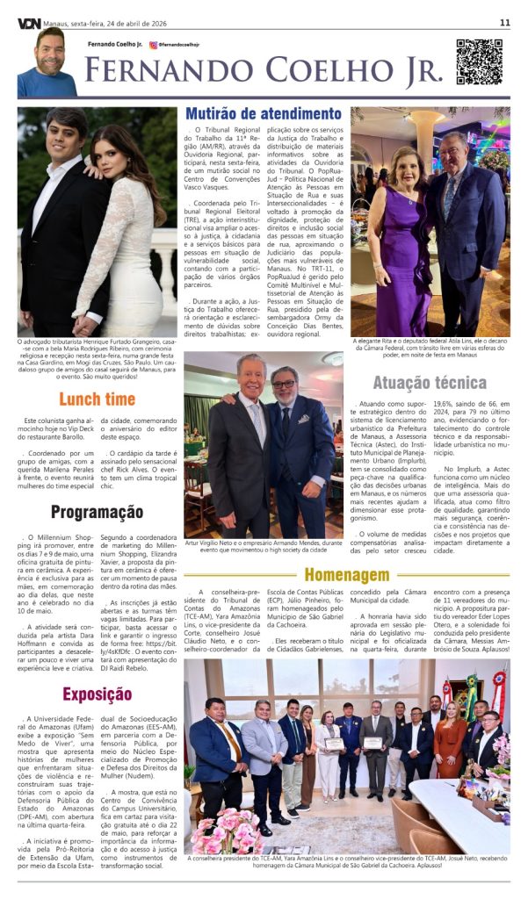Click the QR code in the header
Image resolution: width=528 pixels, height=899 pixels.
(478, 61)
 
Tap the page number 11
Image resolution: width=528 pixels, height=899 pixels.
(505, 22)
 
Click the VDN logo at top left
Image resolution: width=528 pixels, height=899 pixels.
(29, 22)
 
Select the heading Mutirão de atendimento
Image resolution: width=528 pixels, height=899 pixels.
(263, 114)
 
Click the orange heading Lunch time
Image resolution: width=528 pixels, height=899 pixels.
(97, 399)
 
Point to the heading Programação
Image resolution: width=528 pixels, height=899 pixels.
(97, 512)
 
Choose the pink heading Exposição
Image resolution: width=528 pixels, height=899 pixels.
(97, 694)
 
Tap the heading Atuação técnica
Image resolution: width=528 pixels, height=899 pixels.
(429, 382)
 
